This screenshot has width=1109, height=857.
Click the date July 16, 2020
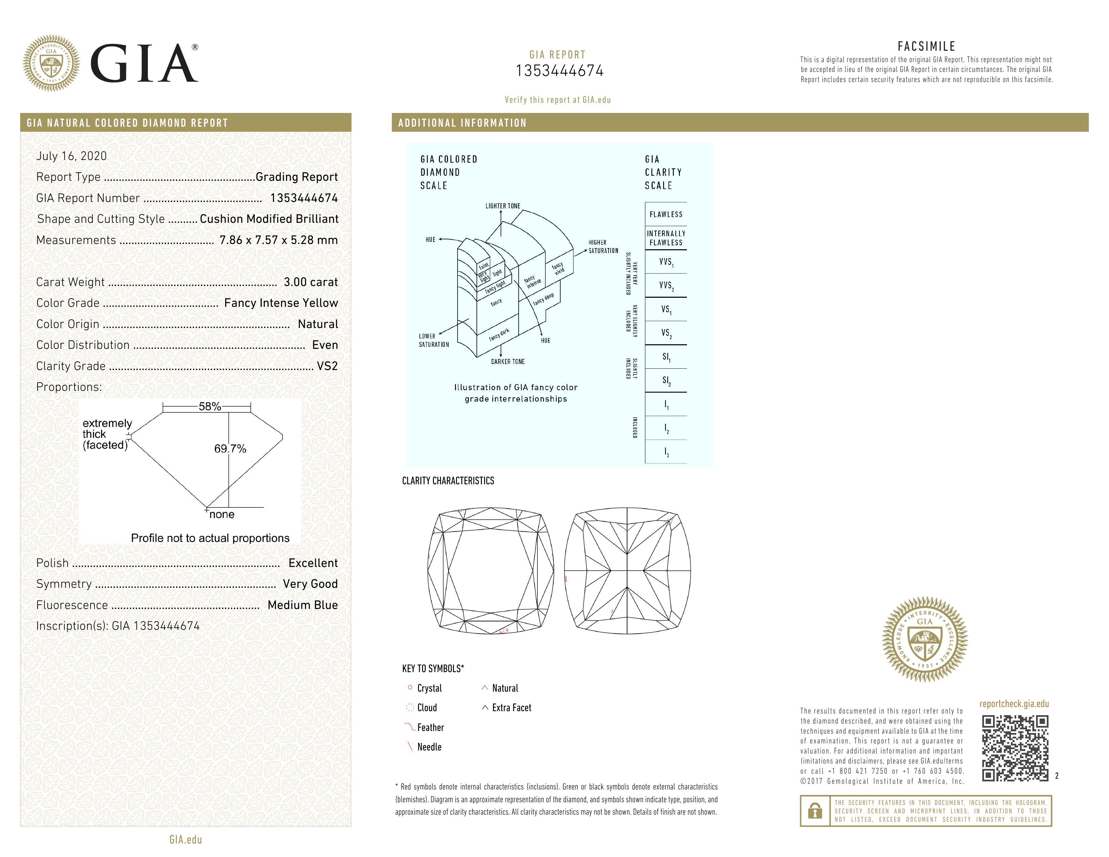pos(72,156)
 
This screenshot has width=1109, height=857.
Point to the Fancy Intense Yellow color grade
pos(281,303)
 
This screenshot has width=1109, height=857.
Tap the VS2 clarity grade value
pos(327,366)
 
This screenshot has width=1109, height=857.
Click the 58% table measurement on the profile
pos(210,407)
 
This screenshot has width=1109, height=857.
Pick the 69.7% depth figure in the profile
pos(230,449)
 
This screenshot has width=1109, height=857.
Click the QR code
pos(1015,748)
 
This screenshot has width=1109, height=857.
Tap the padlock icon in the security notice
pos(815,811)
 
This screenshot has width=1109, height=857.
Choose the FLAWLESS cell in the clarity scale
pos(666,215)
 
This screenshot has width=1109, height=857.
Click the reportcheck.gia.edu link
pos(1014,704)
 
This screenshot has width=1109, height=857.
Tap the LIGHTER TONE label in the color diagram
pos(503,206)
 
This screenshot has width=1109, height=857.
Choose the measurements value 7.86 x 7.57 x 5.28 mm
pos(278,240)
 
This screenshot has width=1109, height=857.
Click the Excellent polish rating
pos(313,563)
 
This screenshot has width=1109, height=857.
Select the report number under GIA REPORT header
pos(560,71)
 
